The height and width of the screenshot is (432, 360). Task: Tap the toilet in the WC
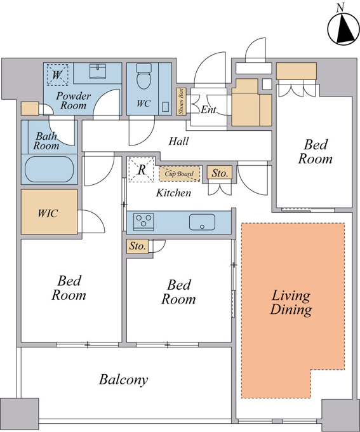tap(143, 76)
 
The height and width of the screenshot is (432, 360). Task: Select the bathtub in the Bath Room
tap(50, 170)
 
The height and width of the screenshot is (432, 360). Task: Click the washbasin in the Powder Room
tap(98, 71)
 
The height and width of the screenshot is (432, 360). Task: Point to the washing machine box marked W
tap(57, 75)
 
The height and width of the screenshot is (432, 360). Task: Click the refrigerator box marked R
tap(142, 170)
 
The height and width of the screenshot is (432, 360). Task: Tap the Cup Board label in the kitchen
tap(179, 173)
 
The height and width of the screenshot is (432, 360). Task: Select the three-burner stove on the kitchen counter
tap(143, 222)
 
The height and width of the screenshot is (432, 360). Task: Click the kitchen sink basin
tap(202, 222)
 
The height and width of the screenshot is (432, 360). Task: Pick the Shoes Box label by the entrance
tap(181, 102)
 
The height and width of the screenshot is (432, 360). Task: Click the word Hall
tap(179, 141)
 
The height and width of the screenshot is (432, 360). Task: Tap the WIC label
tap(48, 213)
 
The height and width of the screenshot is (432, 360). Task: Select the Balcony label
tap(123, 380)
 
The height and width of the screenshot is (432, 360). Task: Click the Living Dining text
tap(291, 302)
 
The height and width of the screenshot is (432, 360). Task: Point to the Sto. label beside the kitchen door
tap(220, 173)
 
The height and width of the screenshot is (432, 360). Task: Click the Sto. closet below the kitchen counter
tap(137, 246)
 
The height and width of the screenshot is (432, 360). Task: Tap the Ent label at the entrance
tap(208, 110)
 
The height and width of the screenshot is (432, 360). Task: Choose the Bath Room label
tap(46, 140)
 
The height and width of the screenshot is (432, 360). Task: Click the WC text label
tap(143, 104)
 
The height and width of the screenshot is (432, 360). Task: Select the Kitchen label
tap(173, 192)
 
